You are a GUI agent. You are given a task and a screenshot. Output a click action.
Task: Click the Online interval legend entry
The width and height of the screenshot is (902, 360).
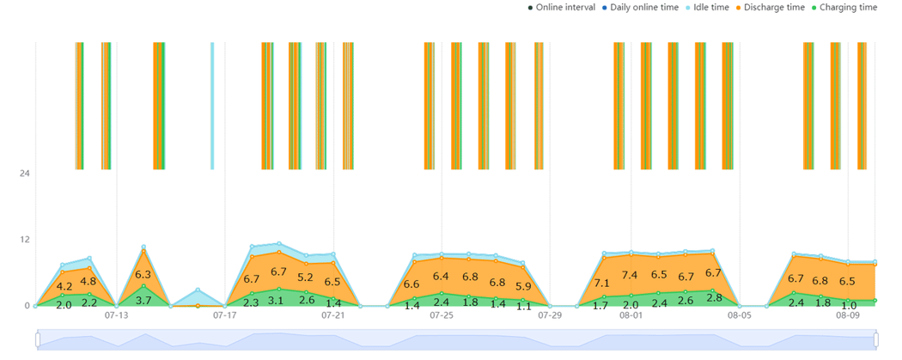pos(565,8)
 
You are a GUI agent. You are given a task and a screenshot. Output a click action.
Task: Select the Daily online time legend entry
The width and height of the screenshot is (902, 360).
pos(643,8)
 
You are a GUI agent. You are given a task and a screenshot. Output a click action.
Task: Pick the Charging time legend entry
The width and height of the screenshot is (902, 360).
pos(848,8)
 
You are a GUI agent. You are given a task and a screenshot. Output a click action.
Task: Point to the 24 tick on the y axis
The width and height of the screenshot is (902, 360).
pos(24,173)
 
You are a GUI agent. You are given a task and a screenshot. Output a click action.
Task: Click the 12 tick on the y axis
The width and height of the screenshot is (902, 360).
pos(24,239)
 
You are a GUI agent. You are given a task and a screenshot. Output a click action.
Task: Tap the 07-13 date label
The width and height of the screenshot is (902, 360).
pos(116,316)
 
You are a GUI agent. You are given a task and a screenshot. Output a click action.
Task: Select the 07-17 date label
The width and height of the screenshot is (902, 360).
pos(224,316)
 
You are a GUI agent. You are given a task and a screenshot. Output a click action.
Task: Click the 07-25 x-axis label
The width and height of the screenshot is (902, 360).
pos(442,316)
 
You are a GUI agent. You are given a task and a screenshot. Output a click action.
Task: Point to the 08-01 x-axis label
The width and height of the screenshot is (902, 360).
pos(631,316)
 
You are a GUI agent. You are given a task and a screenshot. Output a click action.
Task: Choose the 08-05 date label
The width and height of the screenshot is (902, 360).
pos(740,316)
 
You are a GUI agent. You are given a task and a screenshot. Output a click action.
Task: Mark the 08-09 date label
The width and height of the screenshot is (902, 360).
pos(848,316)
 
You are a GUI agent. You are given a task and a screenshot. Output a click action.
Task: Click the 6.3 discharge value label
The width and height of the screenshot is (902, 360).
pos(143,275)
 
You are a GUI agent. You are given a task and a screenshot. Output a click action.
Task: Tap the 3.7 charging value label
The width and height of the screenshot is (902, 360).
pos(143,301)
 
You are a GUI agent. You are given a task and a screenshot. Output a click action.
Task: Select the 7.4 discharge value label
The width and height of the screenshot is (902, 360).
pos(631,275)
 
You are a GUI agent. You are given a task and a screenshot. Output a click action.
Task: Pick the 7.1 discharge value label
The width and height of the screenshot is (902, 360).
pos(602,283)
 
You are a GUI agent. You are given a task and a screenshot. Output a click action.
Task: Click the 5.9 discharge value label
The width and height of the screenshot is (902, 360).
pos(523,286)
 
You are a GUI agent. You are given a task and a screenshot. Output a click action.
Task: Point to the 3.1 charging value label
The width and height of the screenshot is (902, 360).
pos(278,301)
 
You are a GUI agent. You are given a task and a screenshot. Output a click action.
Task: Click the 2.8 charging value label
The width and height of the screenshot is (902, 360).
pos(713,298)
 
